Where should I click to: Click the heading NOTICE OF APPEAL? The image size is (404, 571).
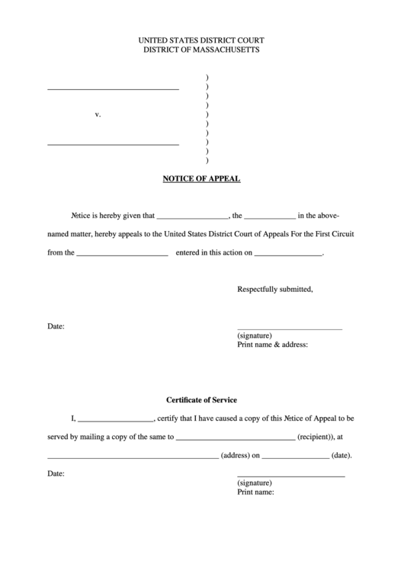[x=201, y=179]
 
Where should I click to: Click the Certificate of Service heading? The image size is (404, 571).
[x=202, y=399]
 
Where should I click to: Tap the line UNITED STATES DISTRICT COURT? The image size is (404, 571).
[x=201, y=40]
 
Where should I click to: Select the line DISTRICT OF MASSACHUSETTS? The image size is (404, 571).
[x=201, y=50]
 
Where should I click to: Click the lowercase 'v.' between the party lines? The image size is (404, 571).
[x=98, y=114]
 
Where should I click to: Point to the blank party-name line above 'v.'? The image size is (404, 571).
[x=113, y=88]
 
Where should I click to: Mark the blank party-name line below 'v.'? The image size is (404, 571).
[x=113, y=143]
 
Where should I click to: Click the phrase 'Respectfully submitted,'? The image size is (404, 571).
[x=275, y=290]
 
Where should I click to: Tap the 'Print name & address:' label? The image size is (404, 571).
[x=273, y=345]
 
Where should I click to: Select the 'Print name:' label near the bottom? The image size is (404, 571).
[x=255, y=492]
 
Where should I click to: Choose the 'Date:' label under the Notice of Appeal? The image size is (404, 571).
[x=56, y=326]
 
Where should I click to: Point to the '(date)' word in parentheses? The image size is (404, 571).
[x=341, y=456]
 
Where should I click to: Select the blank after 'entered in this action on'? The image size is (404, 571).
[x=288, y=253]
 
